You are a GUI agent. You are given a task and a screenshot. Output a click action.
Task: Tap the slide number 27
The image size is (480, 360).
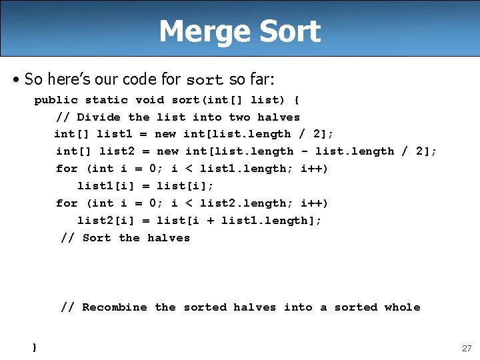[x=466, y=348]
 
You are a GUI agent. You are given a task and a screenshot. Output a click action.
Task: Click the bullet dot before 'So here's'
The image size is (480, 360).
[x=15, y=80]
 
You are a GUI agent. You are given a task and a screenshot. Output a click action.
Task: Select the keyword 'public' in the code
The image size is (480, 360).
[x=56, y=100]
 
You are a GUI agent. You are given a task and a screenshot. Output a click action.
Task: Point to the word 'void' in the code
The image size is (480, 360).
[x=149, y=100]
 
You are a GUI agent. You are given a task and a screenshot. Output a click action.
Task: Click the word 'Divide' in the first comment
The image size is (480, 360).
[x=99, y=117]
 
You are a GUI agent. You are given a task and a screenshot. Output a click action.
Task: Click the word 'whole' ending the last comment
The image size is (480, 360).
[x=402, y=307]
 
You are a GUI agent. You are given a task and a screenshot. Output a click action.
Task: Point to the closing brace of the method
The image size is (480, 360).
[x=34, y=347]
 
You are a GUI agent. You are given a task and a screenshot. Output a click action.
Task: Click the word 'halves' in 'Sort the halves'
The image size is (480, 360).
[x=169, y=238]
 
